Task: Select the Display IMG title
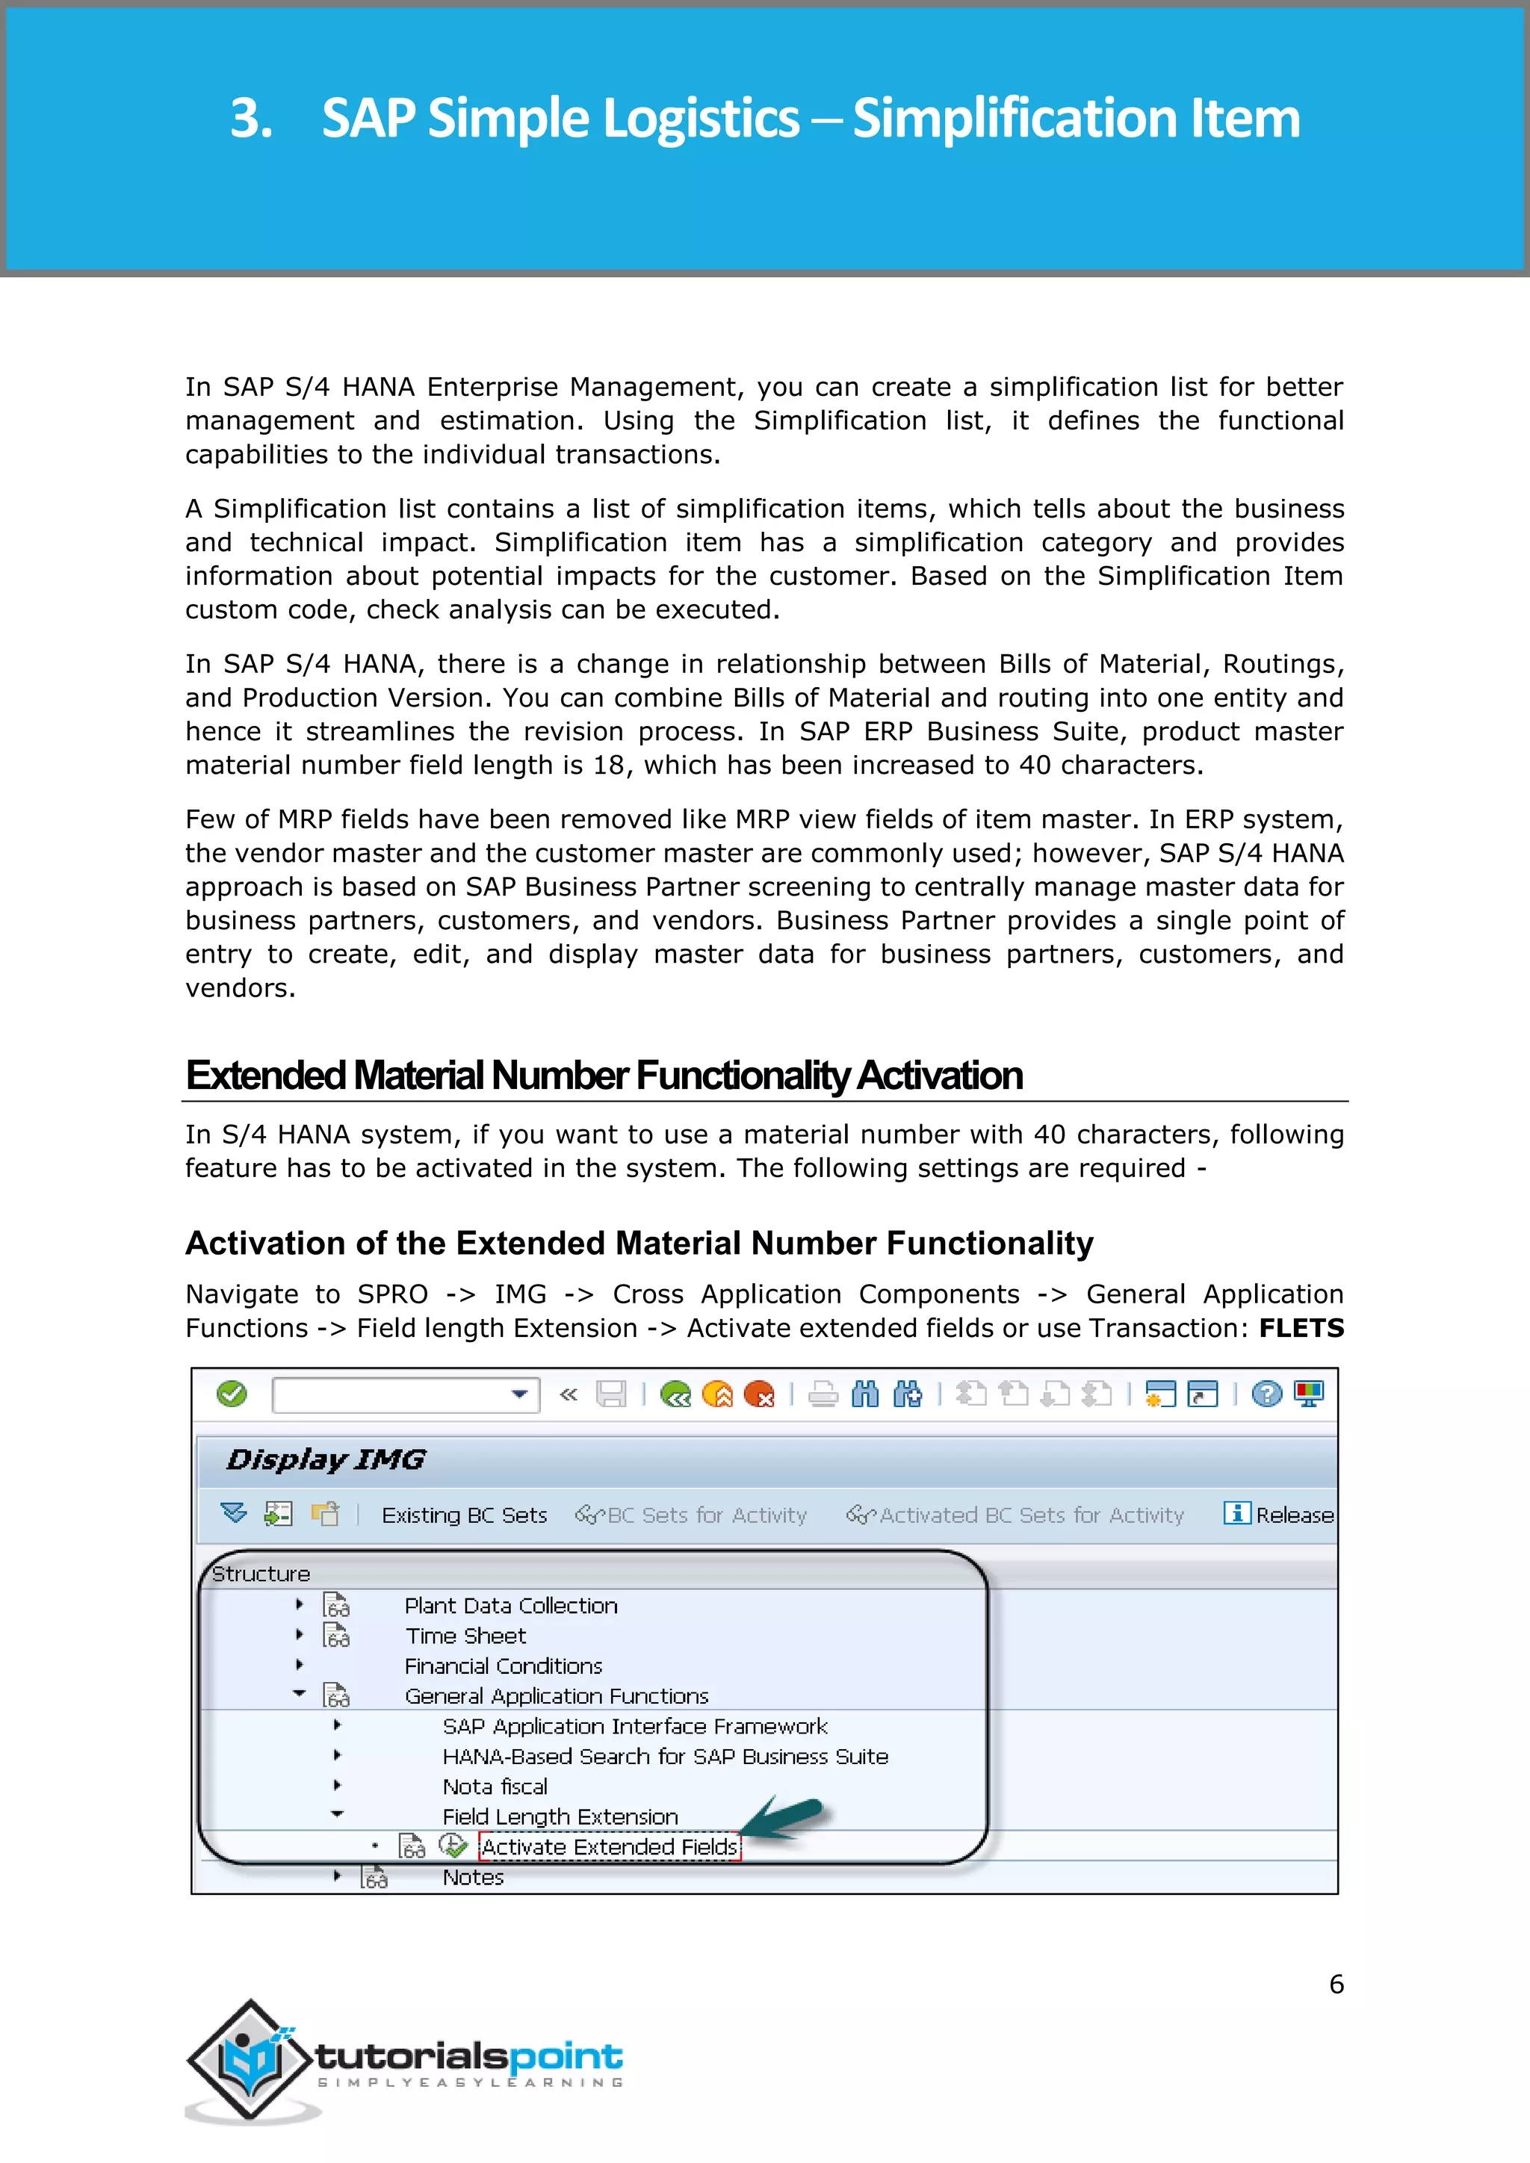click(326, 1459)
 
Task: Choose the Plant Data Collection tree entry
click(511, 1605)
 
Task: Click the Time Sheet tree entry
click(465, 1636)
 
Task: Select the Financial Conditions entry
click(503, 1666)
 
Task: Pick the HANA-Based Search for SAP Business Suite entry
click(665, 1756)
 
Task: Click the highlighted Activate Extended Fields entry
click(610, 1846)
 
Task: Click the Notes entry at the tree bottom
click(473, 1877)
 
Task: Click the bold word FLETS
click(1301, 1327)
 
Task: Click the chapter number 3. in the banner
click(252, 119)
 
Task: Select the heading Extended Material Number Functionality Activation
click(604, 1075)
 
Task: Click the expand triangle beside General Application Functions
click(300, 1694)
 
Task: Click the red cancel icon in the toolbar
click(758, 1394)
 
